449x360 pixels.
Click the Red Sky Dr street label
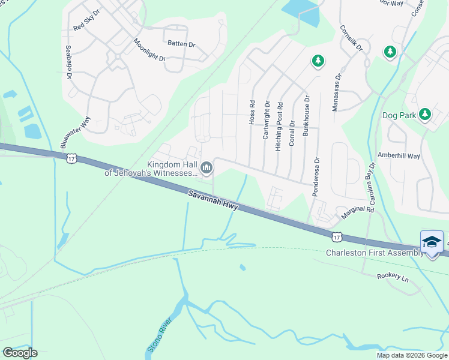click(x=86, y=22)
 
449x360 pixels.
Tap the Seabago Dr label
click(x=69, y=62)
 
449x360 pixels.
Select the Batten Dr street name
click(x=181, y=44)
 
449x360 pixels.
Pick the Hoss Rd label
click(x=252, y=112)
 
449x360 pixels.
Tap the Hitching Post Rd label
click(x=280, y=126)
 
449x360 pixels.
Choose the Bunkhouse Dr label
click(x=306, y=116)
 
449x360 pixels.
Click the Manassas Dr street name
click(x=337, y=92)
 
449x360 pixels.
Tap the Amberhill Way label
click(x=399, y=155)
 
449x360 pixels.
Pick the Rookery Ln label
click(x=393, y=278)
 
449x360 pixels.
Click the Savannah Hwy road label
click(x=213, y=201)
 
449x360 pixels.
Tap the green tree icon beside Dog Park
click(x=425, y=113)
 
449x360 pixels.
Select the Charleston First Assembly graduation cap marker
click(x=432, y=242)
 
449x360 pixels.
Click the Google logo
click(x=20, y=353)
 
